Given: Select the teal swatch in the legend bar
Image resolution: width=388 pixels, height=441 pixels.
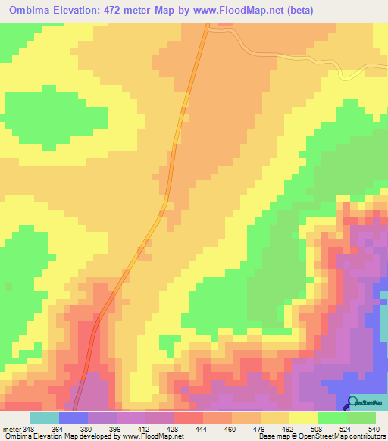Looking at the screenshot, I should [44, 418].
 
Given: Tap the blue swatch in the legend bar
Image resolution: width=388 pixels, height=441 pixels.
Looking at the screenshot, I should [73, 418].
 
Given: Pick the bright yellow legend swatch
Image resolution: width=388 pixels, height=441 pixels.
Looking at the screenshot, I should [302, 418].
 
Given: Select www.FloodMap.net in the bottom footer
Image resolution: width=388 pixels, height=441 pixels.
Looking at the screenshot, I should [157, 436].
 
